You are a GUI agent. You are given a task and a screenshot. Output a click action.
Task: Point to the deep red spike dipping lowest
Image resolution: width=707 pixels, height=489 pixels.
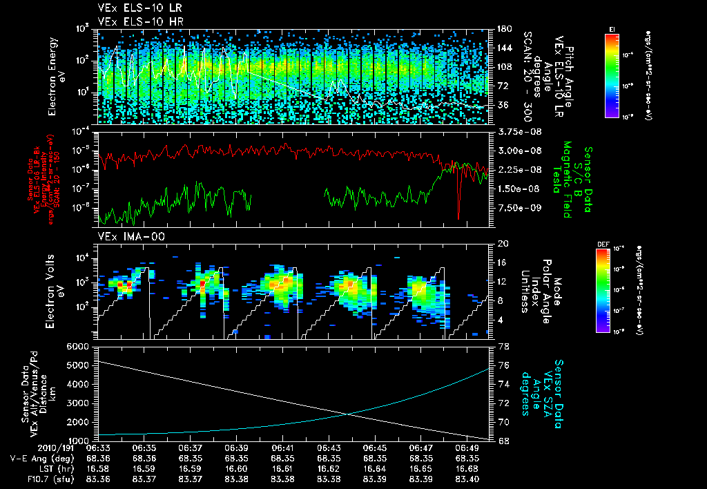458,215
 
